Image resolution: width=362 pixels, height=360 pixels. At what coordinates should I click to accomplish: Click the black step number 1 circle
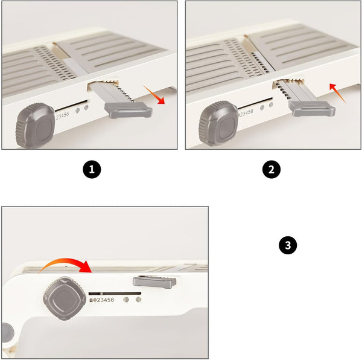coord(92,169)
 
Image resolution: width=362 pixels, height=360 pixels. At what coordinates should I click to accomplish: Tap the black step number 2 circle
coord(271,169)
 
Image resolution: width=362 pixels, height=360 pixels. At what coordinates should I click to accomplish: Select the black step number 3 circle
coord(288,245)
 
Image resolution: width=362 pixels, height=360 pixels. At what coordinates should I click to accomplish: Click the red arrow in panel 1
coord(153,94)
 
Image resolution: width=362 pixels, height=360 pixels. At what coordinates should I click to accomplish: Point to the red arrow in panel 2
coord(337,93)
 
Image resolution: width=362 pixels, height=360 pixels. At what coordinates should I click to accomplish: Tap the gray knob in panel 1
coord(35,125)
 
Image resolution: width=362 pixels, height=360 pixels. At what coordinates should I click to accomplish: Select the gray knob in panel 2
coord(218,123)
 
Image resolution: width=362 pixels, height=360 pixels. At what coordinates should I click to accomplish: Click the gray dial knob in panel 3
coord(65,298)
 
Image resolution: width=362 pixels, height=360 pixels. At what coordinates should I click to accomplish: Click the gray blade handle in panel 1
coord(128,110)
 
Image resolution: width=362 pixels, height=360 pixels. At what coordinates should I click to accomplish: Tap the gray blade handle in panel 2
coord(312,109)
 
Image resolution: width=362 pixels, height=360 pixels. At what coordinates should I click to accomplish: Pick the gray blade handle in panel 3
coord(154,282)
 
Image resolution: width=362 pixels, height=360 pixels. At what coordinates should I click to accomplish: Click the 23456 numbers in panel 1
coord(62,115)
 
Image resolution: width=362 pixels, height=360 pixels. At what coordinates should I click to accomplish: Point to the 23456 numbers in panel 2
coord(247,113)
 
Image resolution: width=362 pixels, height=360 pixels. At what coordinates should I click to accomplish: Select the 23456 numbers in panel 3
coord(105,300)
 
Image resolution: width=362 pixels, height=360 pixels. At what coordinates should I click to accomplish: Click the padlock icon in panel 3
coord(91,300)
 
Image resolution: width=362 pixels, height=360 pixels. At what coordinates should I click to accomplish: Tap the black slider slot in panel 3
coord(115,294)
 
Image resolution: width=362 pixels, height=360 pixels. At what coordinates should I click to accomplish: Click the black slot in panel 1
coord(71,105)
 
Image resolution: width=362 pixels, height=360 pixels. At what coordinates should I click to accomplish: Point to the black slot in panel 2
coord(255,103)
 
